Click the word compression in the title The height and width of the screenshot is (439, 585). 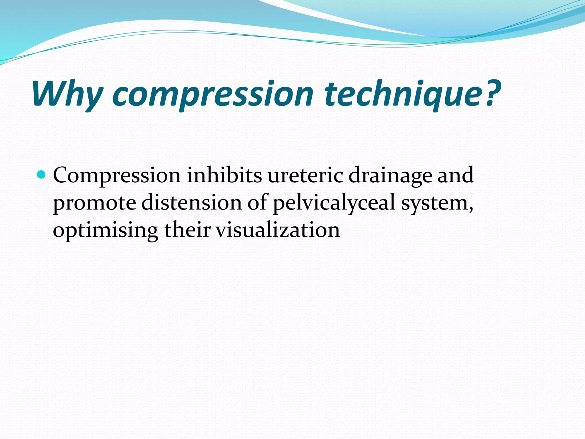[x=213, y=94]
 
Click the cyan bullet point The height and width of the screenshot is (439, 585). [x=41, y=174]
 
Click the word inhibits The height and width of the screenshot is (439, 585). [x=224, y=175]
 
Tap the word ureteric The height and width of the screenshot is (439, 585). [x=305, y=175]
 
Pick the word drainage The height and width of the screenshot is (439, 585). [x=390, y=175]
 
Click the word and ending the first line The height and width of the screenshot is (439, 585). [x=455, y=175]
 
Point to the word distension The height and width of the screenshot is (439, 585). [x=191, y=202]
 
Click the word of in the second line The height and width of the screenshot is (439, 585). [x=258, y=202]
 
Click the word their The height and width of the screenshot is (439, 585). [x=187, y=230]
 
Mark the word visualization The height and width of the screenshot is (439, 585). [x=277, y=230]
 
